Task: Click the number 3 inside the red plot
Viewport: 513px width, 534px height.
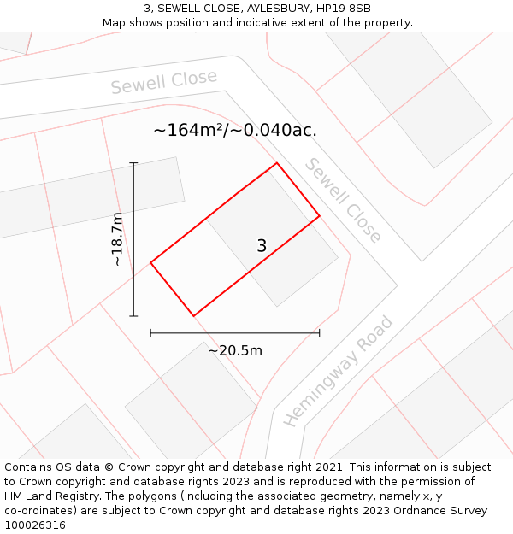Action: pyautogui.click(x=262, y=246)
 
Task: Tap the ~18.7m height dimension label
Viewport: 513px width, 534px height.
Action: pyautogui.click(x=117, y=239)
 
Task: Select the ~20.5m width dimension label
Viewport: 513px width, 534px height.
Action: pyautogui.click(x=235, y=350)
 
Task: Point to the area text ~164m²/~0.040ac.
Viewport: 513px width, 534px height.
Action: pyautogui.click(x=235, y=131)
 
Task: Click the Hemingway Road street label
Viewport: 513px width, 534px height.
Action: pyautogui.click(x=339, y=371)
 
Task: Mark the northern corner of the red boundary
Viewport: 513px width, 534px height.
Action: pyautogui.click(x=276, y=163)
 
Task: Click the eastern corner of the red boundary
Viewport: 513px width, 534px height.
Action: pyautogui.click(x=320, y=216)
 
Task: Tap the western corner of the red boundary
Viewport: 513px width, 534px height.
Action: pyautogui.click(x=151, y=262)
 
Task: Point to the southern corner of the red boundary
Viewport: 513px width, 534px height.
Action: pyautogui.click(x=194, y=316)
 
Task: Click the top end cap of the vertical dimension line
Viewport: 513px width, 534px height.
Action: pyautogui.click(x=134, y=162)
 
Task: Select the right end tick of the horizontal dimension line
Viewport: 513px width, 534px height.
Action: pyautogui.click(x=320, y=332)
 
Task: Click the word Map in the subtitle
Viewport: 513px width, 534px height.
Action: pyautogui.click(x=116, y=23)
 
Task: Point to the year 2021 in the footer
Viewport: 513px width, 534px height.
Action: pyautogui.click(x=328, y=467)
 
